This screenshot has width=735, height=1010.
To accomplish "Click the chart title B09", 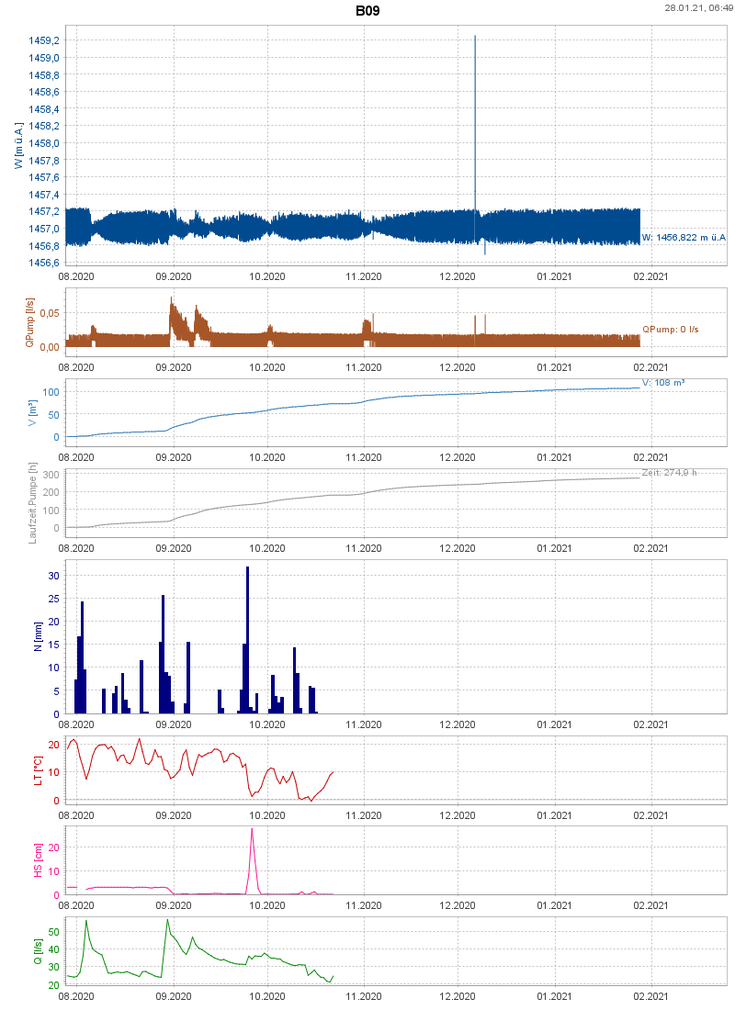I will [x=367, y=12].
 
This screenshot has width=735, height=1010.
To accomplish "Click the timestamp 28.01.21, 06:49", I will [x=698, y=7].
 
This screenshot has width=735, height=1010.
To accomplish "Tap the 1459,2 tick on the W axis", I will [x=43, y=40].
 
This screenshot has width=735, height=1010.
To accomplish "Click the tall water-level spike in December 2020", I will [x=474, y=110].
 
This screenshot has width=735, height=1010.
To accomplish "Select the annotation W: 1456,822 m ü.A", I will [x=684, y=238].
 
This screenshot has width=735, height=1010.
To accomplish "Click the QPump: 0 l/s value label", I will [x=671, y=329].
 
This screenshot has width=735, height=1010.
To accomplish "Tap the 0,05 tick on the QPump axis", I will [x=47, y=313].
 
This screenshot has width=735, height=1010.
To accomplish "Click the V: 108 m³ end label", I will [x=662, y=382].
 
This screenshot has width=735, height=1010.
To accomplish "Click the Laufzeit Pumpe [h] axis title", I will [x=32, y=503].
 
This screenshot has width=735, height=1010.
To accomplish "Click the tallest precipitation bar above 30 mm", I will [x=247, y=639].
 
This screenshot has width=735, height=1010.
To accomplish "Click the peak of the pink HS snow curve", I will [x=252, y=830].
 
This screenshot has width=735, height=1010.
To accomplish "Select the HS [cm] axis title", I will [x=38, y=858].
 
